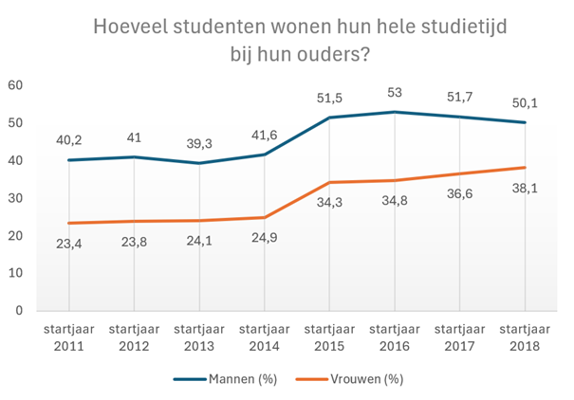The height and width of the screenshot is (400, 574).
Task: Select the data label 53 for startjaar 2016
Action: click(x=395, y=92)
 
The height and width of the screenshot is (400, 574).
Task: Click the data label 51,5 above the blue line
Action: click(x=329, y=98)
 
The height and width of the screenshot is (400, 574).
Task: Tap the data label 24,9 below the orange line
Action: click(x=264, y=239)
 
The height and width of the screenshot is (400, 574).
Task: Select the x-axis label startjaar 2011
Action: click(x=69, y=336)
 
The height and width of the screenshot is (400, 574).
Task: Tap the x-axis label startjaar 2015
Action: click(x=329, y=336)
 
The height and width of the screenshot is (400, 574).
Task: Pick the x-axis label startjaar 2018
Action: click(x=525, y=336)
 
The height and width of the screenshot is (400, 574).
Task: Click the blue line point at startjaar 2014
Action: click(x=264, y=155)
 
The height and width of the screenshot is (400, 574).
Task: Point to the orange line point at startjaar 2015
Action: click(x=329, y=182)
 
